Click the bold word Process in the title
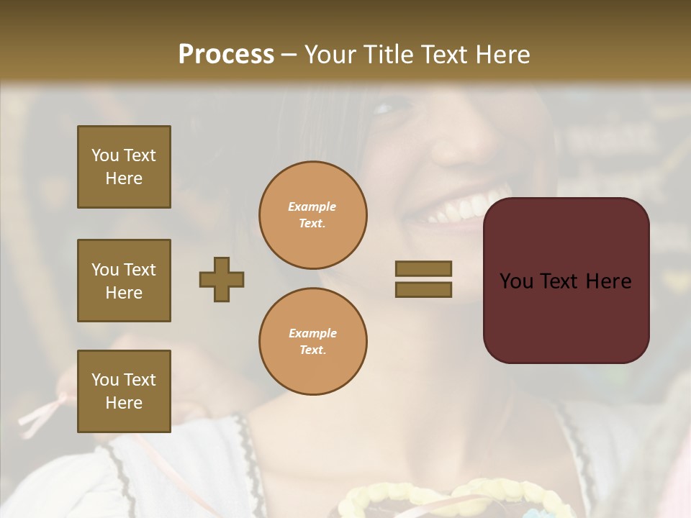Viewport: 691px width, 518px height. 226,54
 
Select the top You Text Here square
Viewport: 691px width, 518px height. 124,167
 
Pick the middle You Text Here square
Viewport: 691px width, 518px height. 124,281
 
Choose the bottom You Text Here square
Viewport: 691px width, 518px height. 124,391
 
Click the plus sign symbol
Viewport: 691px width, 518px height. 222,279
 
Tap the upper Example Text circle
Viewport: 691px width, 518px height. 312,215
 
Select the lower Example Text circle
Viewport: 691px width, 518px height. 312,341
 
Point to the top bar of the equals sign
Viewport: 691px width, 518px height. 423,268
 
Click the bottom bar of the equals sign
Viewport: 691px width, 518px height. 423,290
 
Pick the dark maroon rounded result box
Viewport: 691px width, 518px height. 566,280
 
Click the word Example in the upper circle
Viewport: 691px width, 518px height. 312,206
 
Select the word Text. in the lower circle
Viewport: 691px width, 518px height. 312,350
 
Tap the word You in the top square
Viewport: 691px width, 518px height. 105,155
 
